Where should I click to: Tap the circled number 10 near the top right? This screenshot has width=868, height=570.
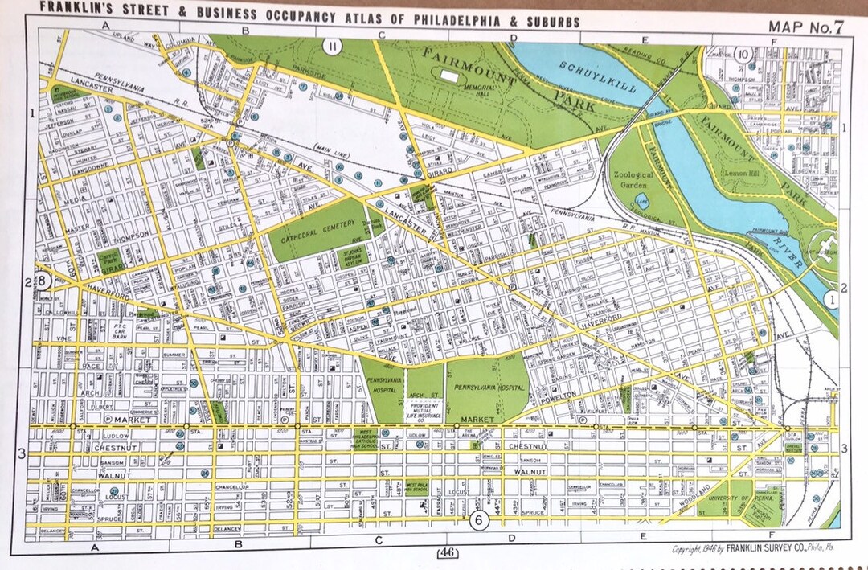[743, 55]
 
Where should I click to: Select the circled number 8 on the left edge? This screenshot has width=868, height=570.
[44, 281]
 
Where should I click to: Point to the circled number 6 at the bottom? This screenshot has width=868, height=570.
[478, 520]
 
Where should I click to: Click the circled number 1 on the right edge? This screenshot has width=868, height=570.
[833, 299]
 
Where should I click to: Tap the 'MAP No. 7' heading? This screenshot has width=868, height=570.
[805, 26]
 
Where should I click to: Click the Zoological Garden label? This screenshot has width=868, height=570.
[634, 178]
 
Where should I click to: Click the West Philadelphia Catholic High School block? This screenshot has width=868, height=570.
[366, 438]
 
